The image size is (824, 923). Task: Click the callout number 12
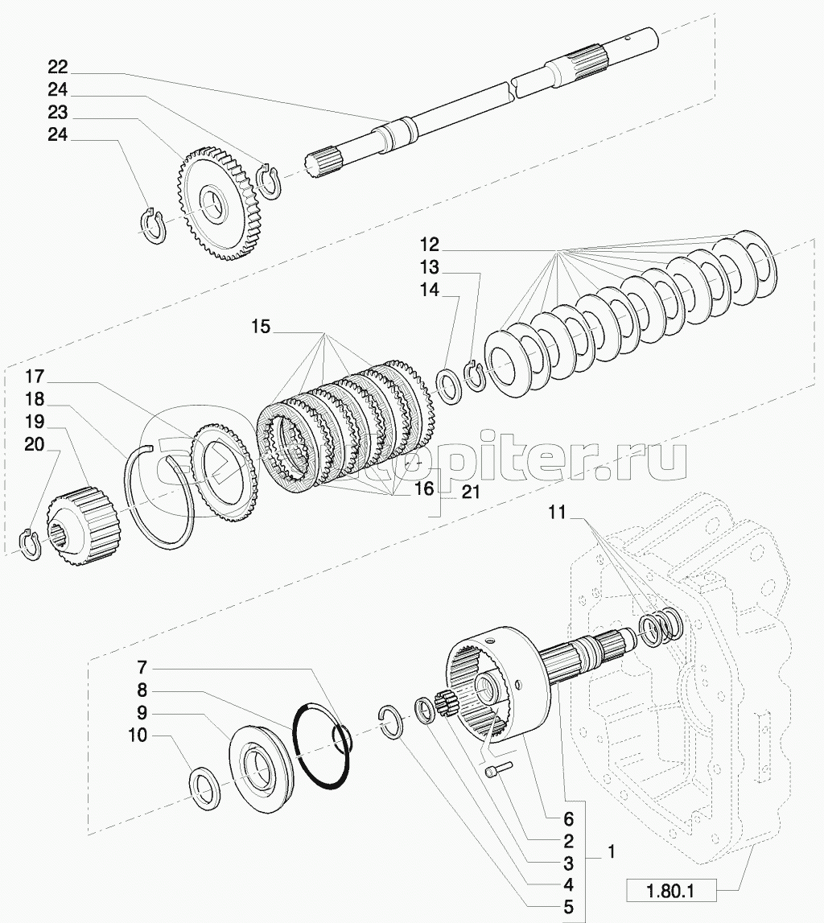coord(428,243)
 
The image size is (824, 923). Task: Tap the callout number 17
coord(33,377)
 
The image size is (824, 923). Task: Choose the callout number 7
coord(142,668)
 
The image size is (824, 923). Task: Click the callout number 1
coord(614,850)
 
